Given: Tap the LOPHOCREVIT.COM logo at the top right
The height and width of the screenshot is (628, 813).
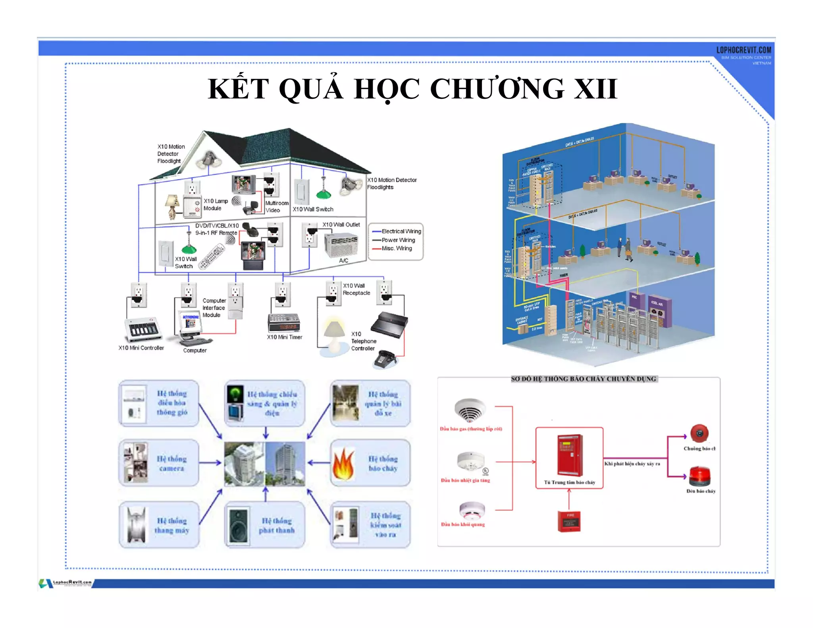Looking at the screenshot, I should (744, 50).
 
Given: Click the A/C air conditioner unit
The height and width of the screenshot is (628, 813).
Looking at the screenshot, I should (341, 245).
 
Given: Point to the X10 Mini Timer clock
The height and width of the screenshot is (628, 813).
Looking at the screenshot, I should (284, 322).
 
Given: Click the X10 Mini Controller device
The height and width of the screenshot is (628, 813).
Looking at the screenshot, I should (143, 329).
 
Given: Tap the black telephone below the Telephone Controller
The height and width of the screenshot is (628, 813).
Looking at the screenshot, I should (384, 359).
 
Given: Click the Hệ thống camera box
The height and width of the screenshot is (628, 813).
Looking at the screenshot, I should (159, 463).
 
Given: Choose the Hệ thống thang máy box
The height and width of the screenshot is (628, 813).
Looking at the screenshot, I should (159, 525).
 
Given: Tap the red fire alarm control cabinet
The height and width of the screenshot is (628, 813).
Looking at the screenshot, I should (570, 455).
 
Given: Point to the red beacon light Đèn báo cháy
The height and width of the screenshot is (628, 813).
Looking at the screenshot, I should (699, 476).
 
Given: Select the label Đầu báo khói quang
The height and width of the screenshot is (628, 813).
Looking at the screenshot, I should (462, 524).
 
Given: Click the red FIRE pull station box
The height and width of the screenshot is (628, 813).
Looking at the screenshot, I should (569, 521).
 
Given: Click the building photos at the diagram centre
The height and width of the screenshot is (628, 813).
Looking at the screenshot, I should (265, 464).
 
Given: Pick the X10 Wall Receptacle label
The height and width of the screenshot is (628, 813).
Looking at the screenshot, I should (356, 289).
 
